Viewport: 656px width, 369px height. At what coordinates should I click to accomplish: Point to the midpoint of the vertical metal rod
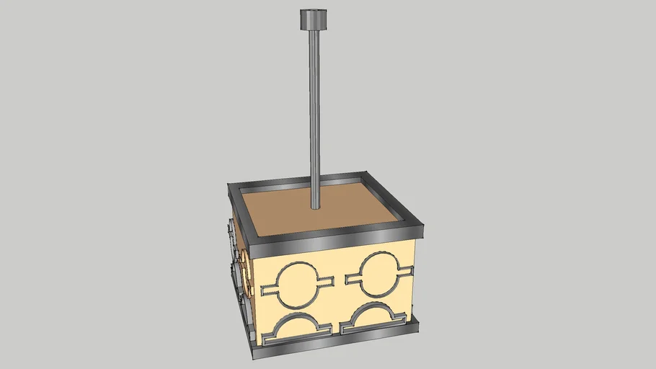click(x=315, y=115)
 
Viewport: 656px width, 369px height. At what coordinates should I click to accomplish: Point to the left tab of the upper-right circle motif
click(x=353, y=276)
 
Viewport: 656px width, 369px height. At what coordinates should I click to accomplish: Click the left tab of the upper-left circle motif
click(x=268, y=289)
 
